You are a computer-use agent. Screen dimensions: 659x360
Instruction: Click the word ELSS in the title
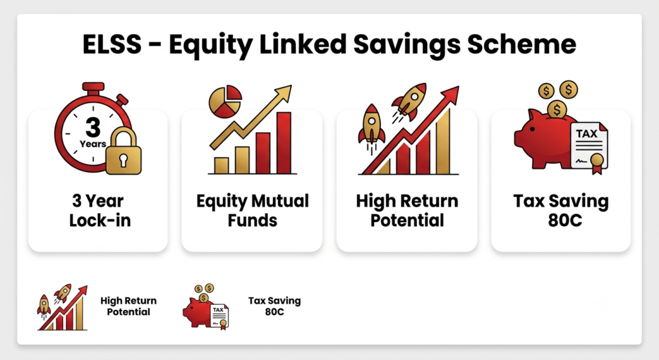coord(112,44)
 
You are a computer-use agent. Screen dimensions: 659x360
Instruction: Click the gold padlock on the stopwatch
coord(123,151)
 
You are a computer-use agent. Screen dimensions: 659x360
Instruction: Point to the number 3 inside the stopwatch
coord(93,127)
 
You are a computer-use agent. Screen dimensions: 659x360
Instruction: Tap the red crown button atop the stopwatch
coord(93,87)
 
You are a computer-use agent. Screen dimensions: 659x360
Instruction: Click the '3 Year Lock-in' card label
coord(100,211)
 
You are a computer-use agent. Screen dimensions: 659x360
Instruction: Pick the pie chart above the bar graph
coord(225,101)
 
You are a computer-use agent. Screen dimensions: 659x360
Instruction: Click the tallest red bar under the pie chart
coord(284,142)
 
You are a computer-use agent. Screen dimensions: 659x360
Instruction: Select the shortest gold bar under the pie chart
coord(221,166)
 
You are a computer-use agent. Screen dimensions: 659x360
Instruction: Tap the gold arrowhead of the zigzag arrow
coord(283,93)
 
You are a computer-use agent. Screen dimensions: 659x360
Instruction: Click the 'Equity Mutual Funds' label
coord(252,211)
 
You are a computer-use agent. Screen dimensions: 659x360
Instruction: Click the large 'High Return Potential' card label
coord(407,211)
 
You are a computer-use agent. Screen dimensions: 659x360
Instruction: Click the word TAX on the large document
coord(586,134)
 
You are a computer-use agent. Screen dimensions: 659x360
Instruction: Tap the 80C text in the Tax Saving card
coord(565,220)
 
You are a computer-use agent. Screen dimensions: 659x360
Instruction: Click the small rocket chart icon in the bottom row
coord(62,307)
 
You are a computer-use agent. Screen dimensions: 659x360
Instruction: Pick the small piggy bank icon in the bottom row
coord(205,307)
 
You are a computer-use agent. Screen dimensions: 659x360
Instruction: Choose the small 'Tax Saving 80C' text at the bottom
coord(274,306)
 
